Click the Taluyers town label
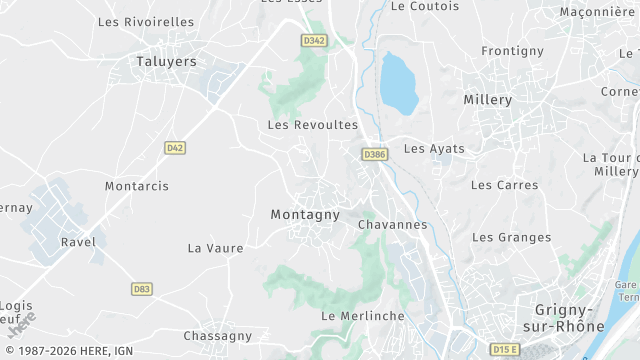pyautogui.click(x=164, y=61)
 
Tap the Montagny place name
pyautogui.click(x=305, y=215)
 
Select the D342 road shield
pyautogui.click(x=314, y=41)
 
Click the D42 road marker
pyautogui.click(x=175, y=147)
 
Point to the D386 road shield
pyautogui.click(x=375, y=154)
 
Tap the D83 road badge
pyautogui.click(x=142, y=289)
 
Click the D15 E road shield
pyautogui.click(x=506, y=349)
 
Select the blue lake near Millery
pyautogui.click(x=398, y=82)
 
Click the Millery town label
pyautogui.click(x=488, y=100)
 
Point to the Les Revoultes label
pyautogui.click(x=313, y=125)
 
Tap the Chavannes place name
pyautogui.click(x=392, y=225)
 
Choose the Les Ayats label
pyautogui.click(x=434, y=149)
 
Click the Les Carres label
pyautogui.click(x=504, y=185)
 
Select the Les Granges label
pyautogui.click(x=511, y=237)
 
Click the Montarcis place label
pyautogui.click(x=137, y=186)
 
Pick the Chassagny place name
pyautogui.click(x=218, y=336)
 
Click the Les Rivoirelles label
pyautogui.click(x=146, y=21)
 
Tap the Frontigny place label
pyautogui.click(x=512, y=51)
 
